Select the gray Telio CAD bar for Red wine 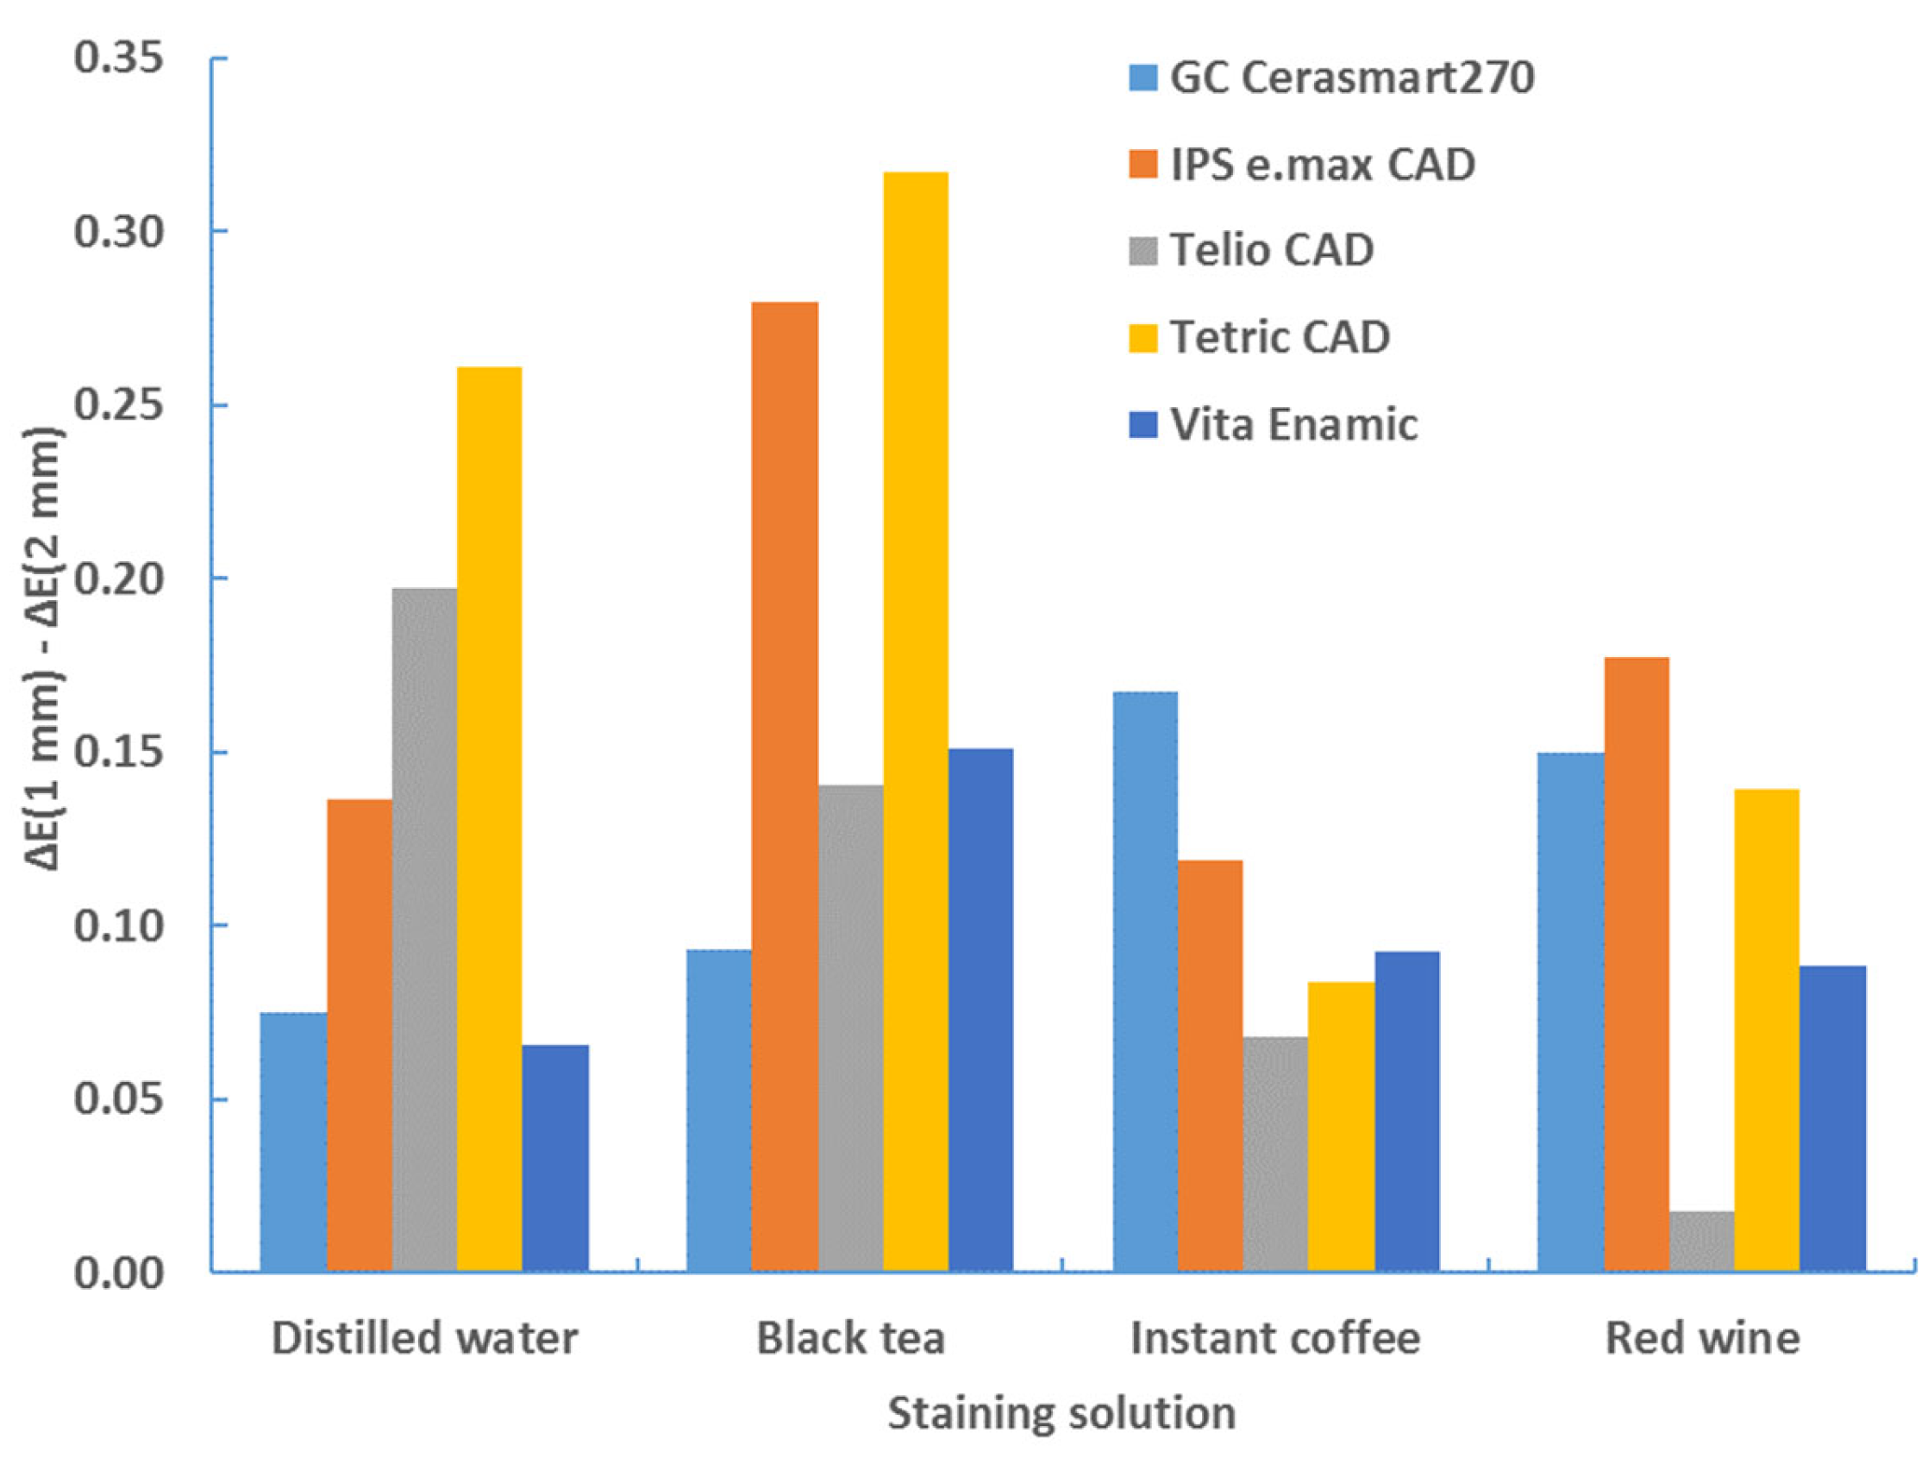click(x=1701, y=1242)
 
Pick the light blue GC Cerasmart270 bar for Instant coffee click(x=1145, y=981)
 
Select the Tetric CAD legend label click(x=1280, y=338)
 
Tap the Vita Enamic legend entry click(x=1293, y=425)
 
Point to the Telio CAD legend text click(x=1272, y=251)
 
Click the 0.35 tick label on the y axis click(x=119, y=59)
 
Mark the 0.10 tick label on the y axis click(x=119, y=927)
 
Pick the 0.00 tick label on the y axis click(x=119, y=1274)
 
